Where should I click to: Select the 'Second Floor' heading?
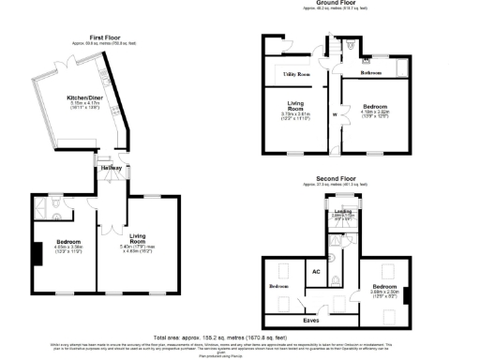[336, 177]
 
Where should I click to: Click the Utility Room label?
[295, 71]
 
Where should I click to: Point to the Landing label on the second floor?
[343, 212]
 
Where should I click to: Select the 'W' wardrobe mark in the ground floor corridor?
[335, 115]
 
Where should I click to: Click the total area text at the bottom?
[240, 335]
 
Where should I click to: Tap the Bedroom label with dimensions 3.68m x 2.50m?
[383, 288]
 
